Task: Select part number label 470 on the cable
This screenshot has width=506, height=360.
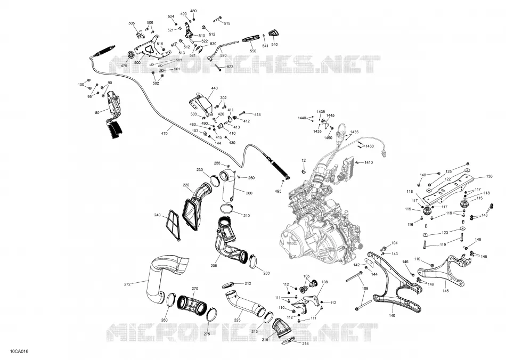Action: coord(164,133)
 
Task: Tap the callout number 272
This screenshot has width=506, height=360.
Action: coord(127,284)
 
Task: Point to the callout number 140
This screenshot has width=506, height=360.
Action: coord(392,315)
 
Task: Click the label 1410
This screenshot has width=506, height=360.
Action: coord(369,162)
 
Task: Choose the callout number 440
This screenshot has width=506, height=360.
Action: coord(215,88)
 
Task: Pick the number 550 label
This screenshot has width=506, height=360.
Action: coord(253,51)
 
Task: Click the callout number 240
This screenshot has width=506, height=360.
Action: coord(157,215)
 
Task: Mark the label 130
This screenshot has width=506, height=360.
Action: coord(489,176)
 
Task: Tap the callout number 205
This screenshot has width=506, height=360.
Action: coord(214,266)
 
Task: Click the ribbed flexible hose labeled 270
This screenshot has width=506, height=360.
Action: coord(192,304)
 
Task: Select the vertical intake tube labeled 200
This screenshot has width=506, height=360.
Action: coord(228,187)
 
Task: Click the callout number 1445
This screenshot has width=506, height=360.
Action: coord(330,115)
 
